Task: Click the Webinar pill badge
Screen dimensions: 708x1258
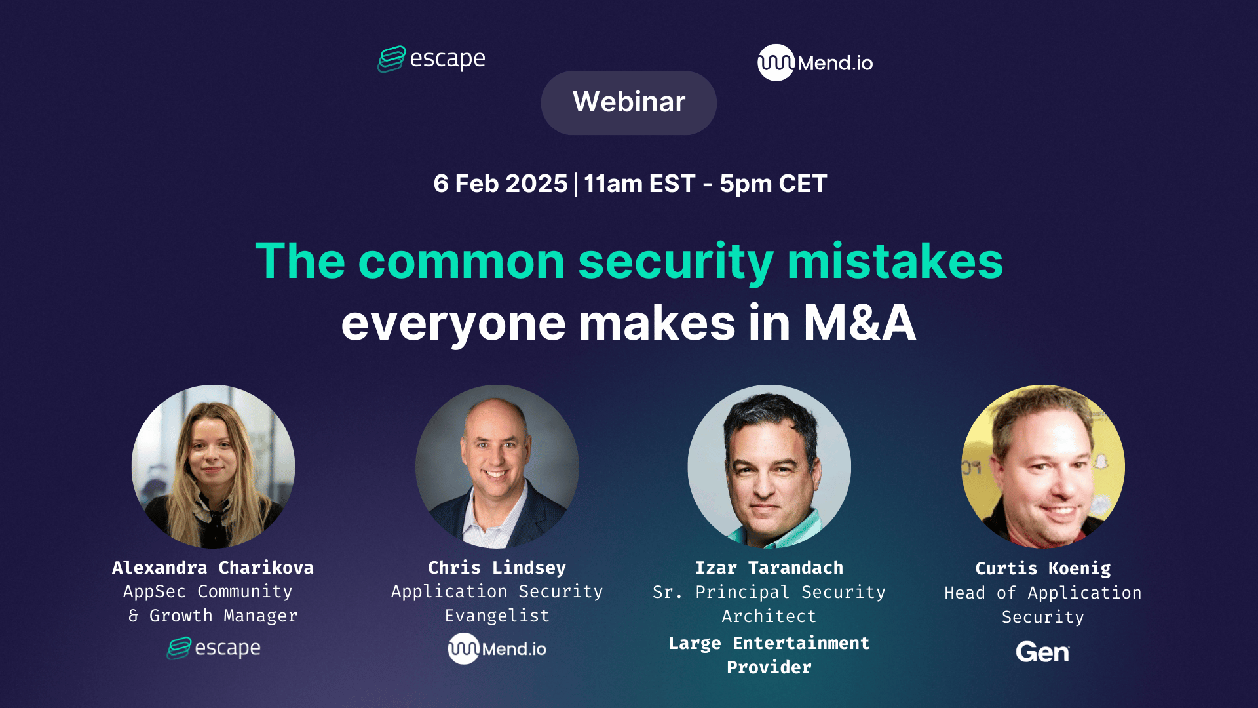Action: (628, 102)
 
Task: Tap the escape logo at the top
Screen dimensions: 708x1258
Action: (431, 59)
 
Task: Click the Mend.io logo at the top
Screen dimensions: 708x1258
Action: (815, 63)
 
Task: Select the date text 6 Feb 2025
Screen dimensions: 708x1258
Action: (500, 184)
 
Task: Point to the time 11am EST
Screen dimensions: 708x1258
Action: (639, 184)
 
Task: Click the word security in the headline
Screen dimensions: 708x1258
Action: (676, 262)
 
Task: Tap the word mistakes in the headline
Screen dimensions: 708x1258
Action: (895, 262)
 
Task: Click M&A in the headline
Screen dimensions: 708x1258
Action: (859, 323)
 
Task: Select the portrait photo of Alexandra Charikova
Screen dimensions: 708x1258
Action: (213, 466)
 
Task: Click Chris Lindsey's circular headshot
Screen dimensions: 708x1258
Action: (497, 466)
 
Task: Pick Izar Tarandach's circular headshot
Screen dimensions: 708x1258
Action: (769, 466)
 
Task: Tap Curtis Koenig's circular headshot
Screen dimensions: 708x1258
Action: (1042, 466)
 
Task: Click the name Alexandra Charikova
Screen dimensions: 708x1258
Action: (213, 568)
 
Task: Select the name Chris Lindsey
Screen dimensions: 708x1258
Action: (497, 568)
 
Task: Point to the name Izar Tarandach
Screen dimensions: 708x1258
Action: (769, 568)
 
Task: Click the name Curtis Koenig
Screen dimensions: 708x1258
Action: (1042, 568)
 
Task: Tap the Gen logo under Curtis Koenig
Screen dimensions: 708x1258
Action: (1042, 652)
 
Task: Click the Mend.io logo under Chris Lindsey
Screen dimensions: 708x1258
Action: (497, 648)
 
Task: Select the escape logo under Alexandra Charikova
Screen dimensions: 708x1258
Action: (214, 648)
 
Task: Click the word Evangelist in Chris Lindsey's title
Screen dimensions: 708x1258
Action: (497, 616)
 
